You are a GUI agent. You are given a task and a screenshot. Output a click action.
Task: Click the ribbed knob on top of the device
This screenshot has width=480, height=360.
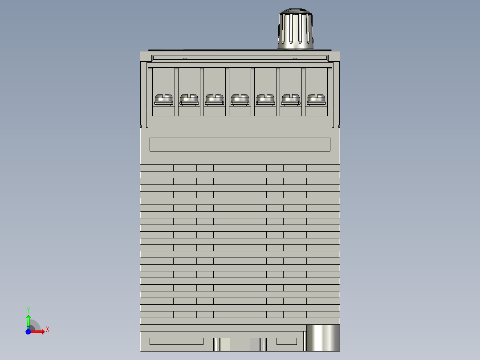point(296,29)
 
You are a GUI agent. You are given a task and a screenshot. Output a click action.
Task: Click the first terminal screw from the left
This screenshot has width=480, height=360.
point(163,100)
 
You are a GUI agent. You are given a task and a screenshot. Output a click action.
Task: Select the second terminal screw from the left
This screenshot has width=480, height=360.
point(189,100)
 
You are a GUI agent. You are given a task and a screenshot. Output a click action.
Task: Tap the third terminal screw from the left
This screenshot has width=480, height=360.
point(214,100)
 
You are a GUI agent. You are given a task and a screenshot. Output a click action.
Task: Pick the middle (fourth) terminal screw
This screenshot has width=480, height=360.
point(240,100)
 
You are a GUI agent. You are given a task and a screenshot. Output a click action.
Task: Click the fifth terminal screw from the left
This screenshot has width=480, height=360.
point(265,100)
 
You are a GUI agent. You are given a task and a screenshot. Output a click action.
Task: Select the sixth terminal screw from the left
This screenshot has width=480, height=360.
point(290,100)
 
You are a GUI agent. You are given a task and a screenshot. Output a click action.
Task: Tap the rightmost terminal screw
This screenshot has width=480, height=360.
point(316,100)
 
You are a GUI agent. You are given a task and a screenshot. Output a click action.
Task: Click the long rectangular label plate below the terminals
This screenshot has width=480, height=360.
point(240,144)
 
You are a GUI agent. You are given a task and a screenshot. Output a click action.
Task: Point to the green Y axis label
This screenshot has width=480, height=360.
point(28,310)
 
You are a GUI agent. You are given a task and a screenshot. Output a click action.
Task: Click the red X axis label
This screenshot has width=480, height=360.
point(48,330)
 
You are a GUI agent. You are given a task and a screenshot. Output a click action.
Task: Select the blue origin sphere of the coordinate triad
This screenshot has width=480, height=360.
point(28,332)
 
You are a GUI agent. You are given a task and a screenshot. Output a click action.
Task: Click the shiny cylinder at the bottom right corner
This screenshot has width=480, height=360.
point(323,338)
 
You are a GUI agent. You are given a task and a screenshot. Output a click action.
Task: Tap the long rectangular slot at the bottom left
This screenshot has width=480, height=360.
point(176,341)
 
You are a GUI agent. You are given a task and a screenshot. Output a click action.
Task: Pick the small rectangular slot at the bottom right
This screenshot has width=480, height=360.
point(286,341)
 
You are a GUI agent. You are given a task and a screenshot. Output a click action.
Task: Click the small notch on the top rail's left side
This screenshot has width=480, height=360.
point(184,58)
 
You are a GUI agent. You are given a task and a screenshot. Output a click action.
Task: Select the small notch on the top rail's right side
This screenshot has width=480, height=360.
point(294,58)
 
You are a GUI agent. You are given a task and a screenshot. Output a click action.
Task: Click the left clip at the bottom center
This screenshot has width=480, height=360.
point(216,344)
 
